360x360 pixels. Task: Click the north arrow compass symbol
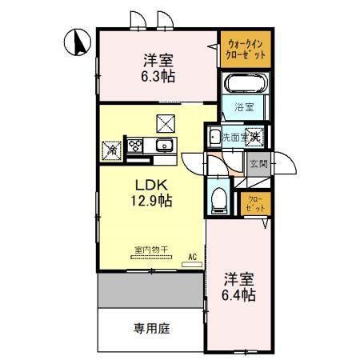point(78,42)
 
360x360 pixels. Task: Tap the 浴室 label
point(243,106)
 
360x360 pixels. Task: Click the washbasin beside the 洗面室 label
point(214,137)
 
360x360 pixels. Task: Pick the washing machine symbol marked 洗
point(254,137)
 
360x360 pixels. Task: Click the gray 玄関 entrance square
point(258,164)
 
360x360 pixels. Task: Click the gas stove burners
point(134,146)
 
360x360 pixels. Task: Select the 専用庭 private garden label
point(151,328)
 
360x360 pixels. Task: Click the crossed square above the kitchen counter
point(166,122)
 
